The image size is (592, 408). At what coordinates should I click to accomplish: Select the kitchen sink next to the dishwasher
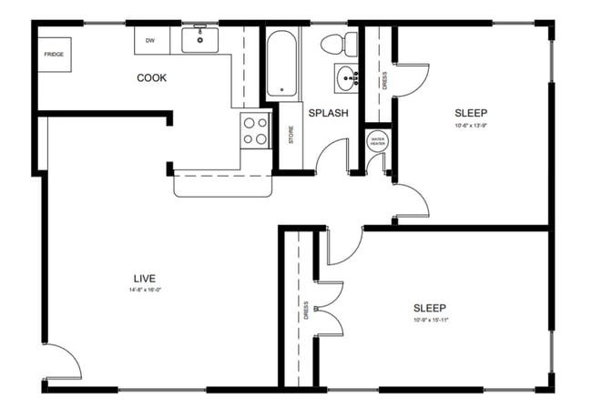(x=198, y=39)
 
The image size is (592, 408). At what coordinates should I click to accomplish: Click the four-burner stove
(x=256, y=130)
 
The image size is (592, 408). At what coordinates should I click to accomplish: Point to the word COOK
(x=151, y=78)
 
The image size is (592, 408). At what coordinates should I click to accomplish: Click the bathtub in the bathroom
(x=281, y=63)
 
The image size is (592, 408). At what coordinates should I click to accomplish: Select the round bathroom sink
(x=345, y=79)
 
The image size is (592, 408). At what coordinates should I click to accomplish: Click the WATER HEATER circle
(x=377, y=140)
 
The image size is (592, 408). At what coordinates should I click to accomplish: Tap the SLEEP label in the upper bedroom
(x=472, y=114)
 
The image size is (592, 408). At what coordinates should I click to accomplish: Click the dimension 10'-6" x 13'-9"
(x=472, y=126)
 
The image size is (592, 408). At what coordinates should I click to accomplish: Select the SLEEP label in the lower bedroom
(x=431, y=308)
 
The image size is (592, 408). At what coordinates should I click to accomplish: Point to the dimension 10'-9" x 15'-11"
(x=431, y=321)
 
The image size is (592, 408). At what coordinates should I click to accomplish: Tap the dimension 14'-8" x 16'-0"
(x=146, y=290)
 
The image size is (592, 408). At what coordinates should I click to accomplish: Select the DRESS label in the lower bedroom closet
(x=307, y=311)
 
